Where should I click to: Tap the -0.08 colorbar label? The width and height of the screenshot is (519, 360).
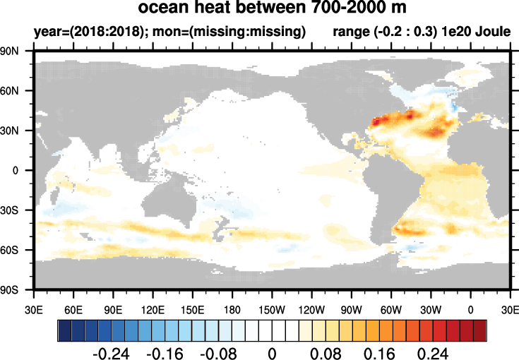(219, 351)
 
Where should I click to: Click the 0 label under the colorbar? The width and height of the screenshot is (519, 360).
(272, 351)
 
